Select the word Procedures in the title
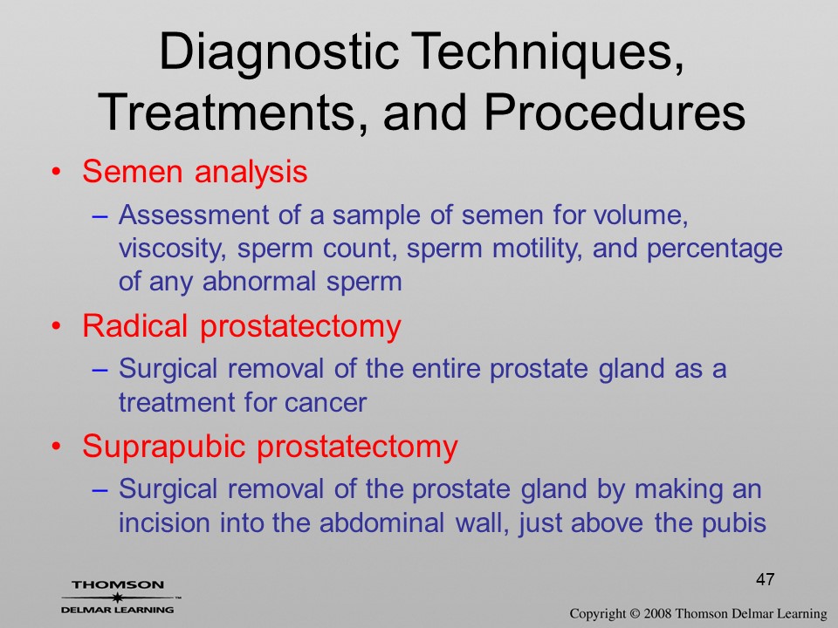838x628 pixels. (x=615, y=113)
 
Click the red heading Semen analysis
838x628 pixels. (x=195, y=172)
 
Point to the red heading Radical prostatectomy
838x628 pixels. (x=242, y=326)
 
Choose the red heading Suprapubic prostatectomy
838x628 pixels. (x=270, y=447)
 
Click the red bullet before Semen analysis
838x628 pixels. (x=56, y=173)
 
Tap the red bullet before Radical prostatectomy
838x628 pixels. (x=56, y=326)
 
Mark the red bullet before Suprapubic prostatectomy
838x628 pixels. (x=56, y=447)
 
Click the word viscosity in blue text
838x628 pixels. (x=172, y=249)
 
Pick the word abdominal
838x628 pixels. (x=381, y=522)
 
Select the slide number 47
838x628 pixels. (x=766, y=579)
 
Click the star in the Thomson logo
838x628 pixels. (x=117, y=597)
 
